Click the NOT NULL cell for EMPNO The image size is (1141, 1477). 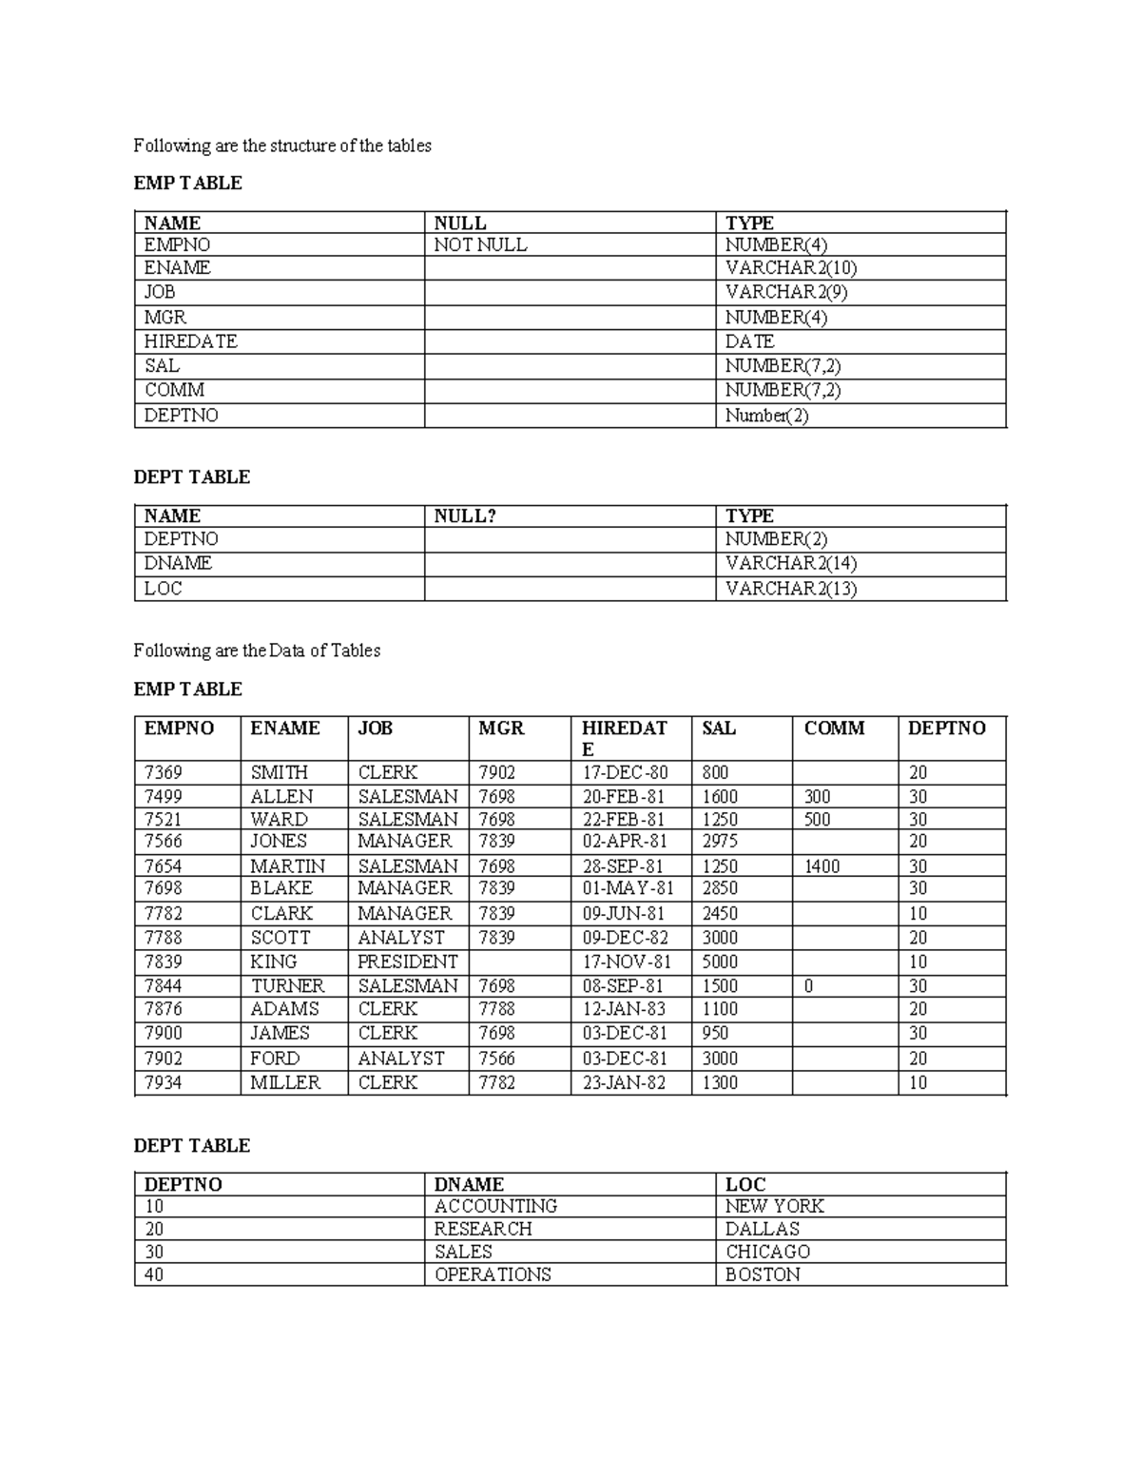tap(480, 245)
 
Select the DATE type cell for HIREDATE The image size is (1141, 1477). tap(749, 341)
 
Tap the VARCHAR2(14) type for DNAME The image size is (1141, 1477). tap(790, 563)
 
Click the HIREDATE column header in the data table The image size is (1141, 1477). tap(625, 738)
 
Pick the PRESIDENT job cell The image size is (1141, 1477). tap(407, 962)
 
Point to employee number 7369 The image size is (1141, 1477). tap(163, 772)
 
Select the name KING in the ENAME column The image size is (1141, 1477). tap(274, 962)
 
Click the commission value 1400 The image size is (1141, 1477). tap(822, 866)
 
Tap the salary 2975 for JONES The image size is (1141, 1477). tap(720, 842)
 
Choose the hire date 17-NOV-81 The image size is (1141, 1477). tap(627, 962)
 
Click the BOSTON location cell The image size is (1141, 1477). tap(763, 1274)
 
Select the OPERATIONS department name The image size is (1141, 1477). tap(493, 1274)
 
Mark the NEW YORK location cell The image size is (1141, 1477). tap(774, 1206)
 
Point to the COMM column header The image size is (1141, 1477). tap(834, 729)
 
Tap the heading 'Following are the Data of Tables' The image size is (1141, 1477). tap(257, 651)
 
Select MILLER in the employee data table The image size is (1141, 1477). tap(285, 1082)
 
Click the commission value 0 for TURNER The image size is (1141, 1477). tap(808, 986)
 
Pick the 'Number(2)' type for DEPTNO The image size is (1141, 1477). tap(766, 416)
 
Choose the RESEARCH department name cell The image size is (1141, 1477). tap(483, 1229)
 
